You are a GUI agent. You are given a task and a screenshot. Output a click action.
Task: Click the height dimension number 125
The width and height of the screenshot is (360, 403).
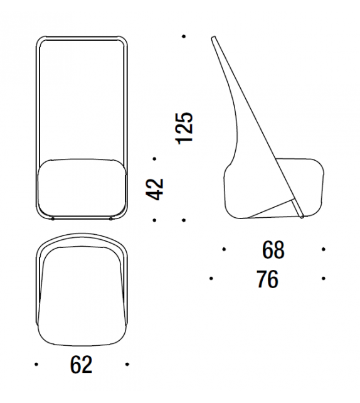click(184, 128)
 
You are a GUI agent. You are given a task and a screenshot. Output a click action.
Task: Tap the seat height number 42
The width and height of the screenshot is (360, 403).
click(154, 189)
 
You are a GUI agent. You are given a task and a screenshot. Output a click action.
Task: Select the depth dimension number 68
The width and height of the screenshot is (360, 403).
click(273, 250)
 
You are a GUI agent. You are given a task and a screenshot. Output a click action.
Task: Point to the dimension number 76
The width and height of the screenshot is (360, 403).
click(267, 279)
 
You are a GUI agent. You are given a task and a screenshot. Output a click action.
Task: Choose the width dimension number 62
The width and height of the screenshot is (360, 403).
click(81, 365)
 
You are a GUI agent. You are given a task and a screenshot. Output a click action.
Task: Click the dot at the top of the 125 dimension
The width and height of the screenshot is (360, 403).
click(184, 36)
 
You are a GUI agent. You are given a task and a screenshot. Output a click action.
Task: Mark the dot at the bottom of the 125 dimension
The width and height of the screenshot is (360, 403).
click(184, 220)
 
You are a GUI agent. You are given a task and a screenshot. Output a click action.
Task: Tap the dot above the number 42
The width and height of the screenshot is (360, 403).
click(154, 159)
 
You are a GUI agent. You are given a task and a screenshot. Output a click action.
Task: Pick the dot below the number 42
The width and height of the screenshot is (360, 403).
click(154, 220)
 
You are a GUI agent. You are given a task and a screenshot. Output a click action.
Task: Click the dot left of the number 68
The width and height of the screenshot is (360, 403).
click(224, 249)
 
